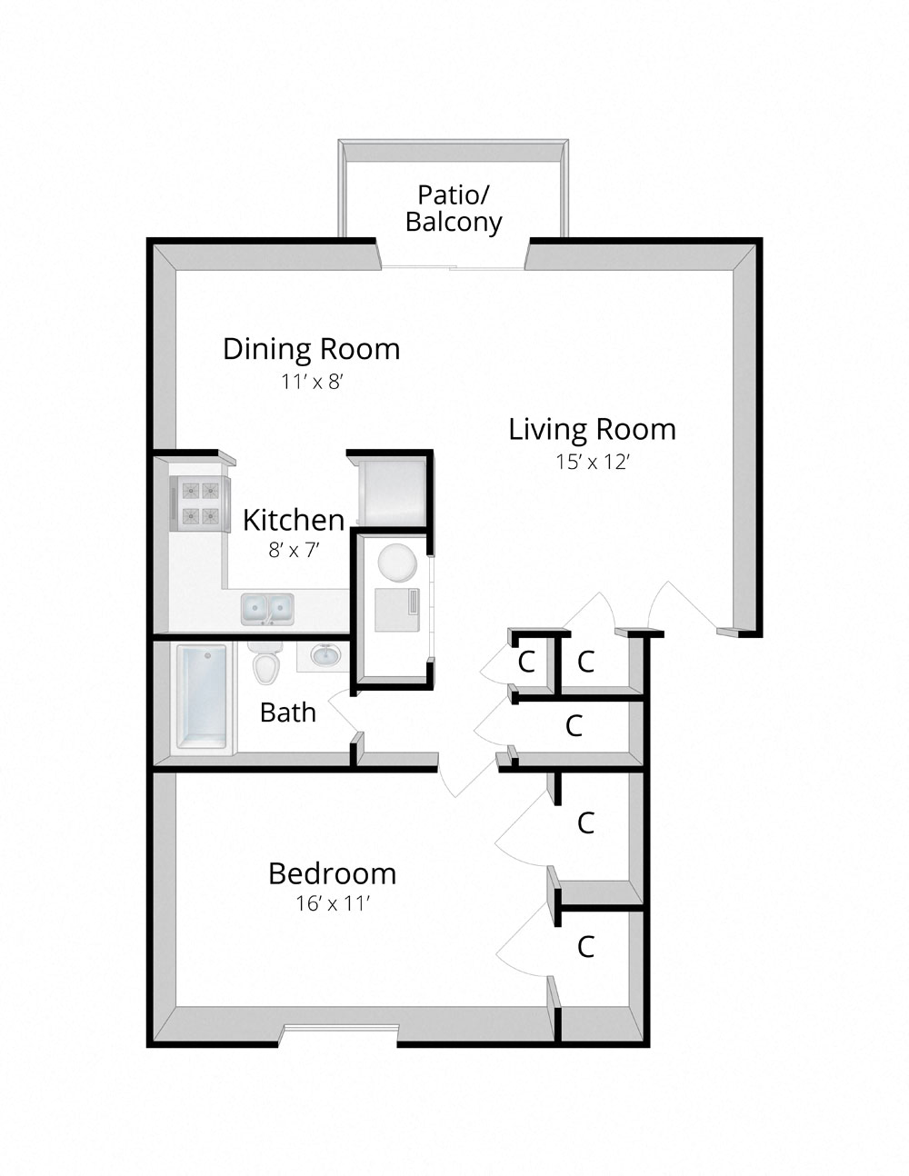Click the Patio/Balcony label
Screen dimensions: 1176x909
454,208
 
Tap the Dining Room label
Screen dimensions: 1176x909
311,349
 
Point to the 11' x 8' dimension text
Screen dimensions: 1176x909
311,382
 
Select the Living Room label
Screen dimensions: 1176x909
592,429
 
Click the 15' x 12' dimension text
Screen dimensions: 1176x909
593,462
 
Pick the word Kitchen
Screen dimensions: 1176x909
293,520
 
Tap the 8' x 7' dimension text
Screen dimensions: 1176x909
292,550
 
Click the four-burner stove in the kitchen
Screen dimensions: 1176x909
200,504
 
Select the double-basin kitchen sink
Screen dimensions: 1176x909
268,608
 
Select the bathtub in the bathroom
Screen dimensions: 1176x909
201,697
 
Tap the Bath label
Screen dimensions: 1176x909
287,713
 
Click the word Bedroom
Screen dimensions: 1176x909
332,873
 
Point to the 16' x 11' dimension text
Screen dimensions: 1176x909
333,904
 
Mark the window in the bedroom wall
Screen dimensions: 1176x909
339,1030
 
